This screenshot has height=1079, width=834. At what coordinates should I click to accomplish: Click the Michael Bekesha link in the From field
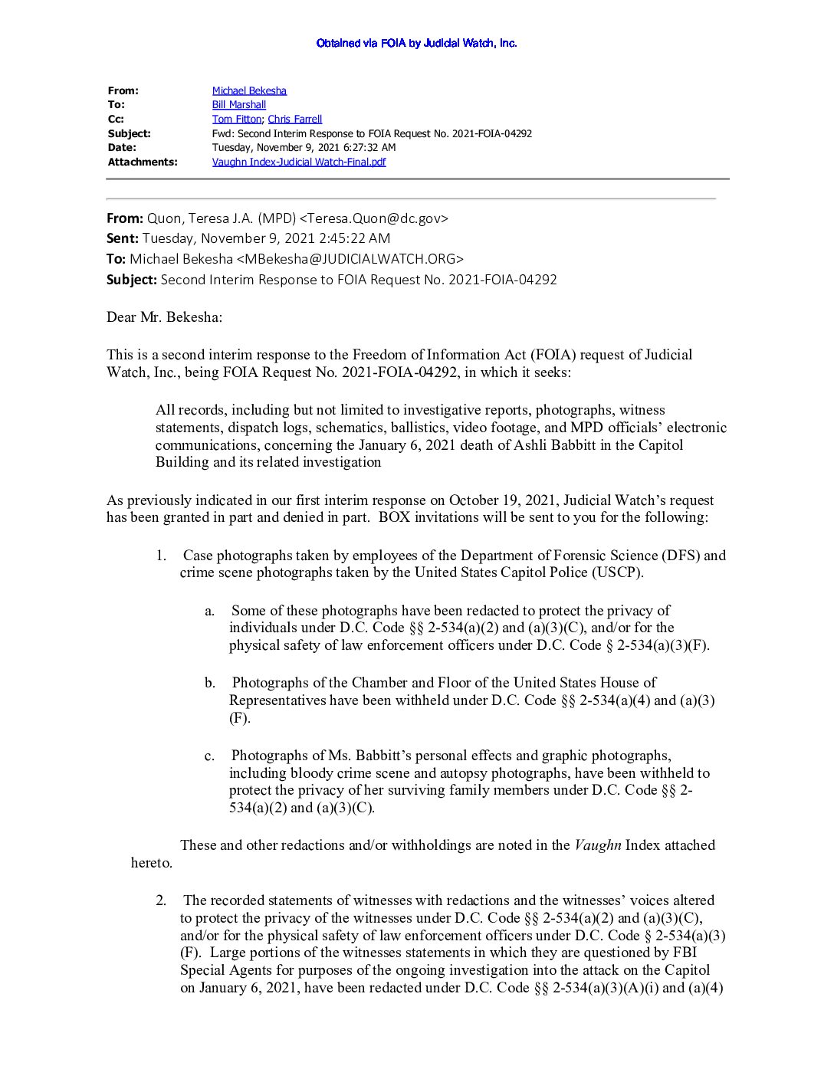pyautogui.click(x=249, y=90)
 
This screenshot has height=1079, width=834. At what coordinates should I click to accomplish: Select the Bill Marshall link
pyautogui.click(x=239, y=105)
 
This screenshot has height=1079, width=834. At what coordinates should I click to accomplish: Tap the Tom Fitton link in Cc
pyautogui.click(x=237, y=119)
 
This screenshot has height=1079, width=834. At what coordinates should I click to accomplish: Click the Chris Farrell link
pyautogui.click(x=295, y=119)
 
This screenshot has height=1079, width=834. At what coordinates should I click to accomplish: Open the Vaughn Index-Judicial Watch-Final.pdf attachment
pyautogui.click(x=299, y=162)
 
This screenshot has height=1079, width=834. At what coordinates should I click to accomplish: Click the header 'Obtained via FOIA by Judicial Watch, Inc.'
pyautogui.click(x=416, y=43)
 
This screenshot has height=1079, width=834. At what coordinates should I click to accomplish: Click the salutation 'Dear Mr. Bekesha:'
pyautogui.click(x=164, y=317)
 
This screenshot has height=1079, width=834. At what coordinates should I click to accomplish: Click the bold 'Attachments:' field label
pyautogui.click(x=143, y=162)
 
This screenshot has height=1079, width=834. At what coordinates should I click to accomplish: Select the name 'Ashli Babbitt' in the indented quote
pyautogui.click(x=555, y=445)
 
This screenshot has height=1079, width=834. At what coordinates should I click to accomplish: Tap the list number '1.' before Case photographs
pyautogui.click(x=161, y=556)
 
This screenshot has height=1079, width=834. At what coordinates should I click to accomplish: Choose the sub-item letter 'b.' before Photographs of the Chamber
pyautogui.click(x=210, y=683)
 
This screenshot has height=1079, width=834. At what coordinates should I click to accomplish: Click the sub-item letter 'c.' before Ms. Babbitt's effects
pyautogui.click(x=209, y=756)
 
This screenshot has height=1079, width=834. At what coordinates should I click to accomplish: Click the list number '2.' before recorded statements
pyautogui.click(x=161, y=900)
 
